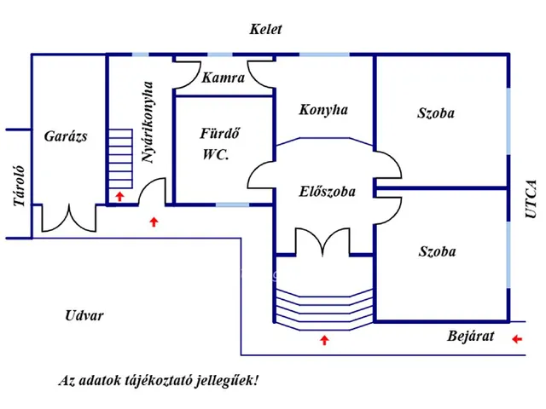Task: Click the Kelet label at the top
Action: pos(265,29)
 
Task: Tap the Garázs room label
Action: pos(66,135)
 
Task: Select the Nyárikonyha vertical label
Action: pos(148,122)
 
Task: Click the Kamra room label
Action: pos(224,78)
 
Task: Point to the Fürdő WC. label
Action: pos(218,144)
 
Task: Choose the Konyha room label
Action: pos(323,110)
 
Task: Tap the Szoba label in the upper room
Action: pos(436,113)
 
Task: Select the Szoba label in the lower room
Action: pos(437,251)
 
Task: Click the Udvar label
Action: pos(84,315)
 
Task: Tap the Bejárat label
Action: pos(471,336)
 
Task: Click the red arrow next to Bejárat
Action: pos(517,339)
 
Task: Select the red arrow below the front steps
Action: pos(323,340)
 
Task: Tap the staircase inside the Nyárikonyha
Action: pos(119,159)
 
